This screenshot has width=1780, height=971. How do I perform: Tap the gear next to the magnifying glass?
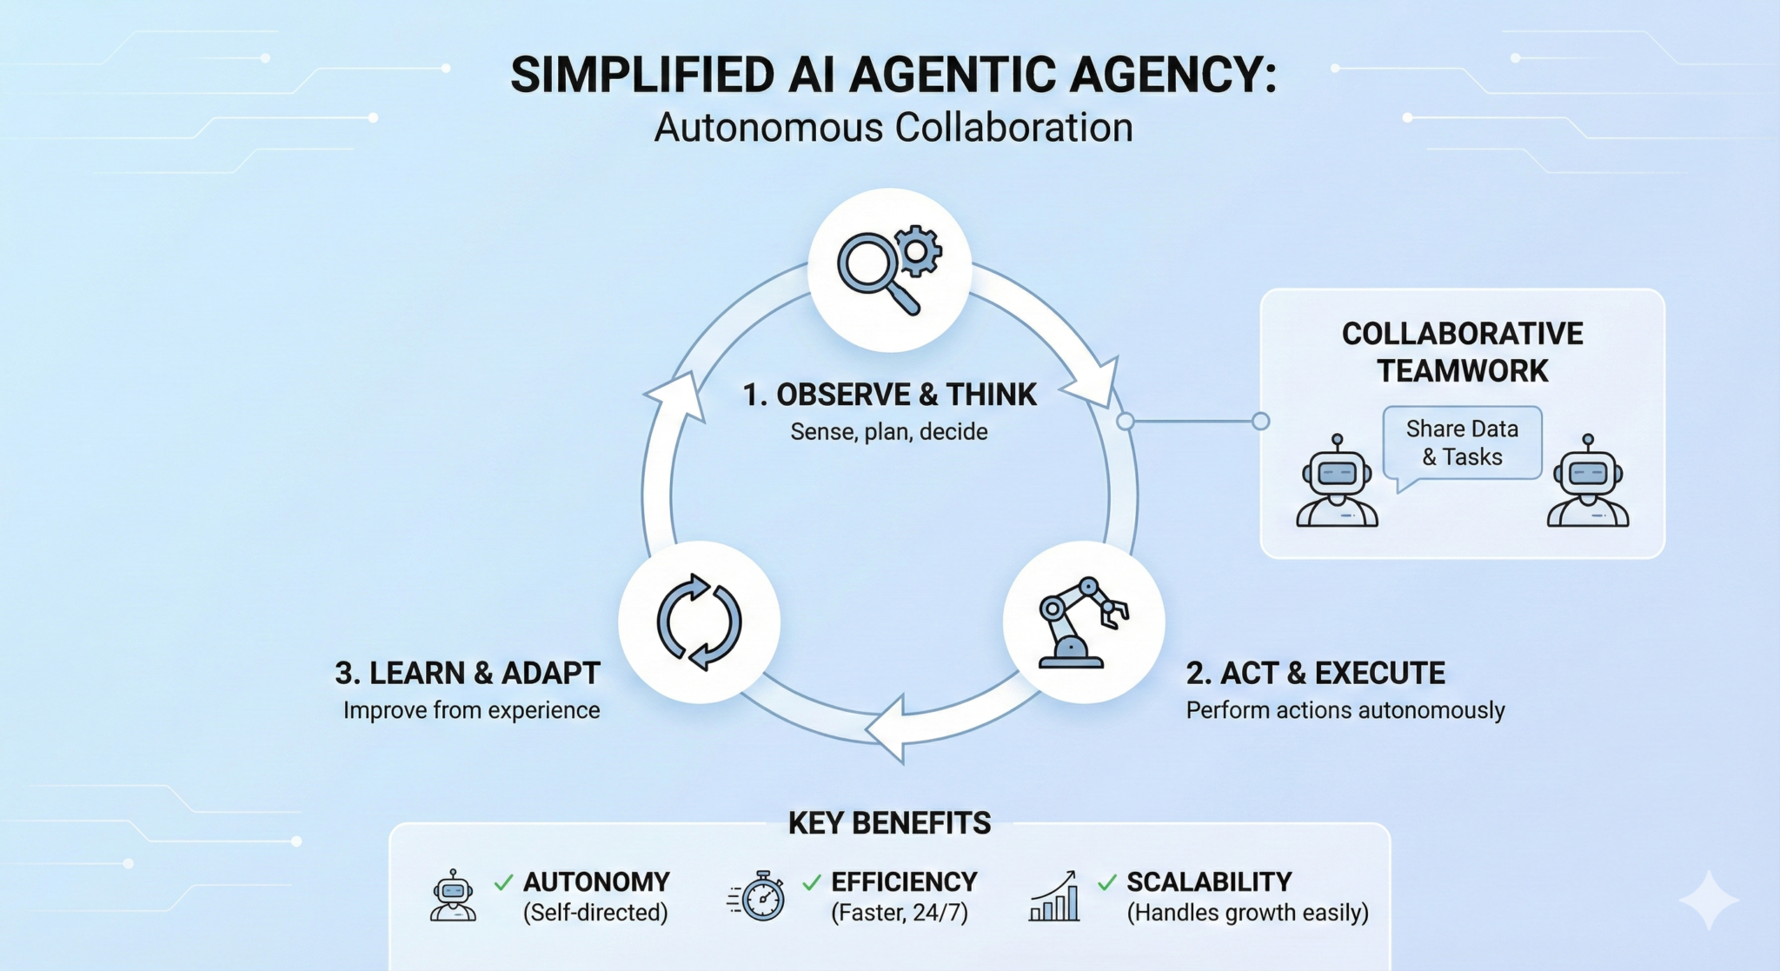(x=919, y=249)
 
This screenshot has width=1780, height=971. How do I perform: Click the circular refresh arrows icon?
(x=699, y=622)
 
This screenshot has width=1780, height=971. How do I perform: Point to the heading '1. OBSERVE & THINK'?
(x=889, y=396)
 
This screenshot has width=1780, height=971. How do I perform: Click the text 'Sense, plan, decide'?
(x=888, y=432)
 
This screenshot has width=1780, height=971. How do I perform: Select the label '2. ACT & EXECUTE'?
(x=1315, y=674)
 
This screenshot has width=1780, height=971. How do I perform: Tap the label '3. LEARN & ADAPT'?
(x=468, y=674)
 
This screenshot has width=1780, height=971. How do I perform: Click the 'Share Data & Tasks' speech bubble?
(x=1462, y=443)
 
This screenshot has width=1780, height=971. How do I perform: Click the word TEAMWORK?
(x=1462, y=371)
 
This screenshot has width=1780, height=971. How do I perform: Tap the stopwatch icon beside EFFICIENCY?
(x=759, y=896)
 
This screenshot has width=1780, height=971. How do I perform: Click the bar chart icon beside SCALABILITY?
(x=1055, y=897)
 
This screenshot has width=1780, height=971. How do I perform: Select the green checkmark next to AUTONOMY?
(x=503, y=883)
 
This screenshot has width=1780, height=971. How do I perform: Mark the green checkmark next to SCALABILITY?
(x=1106, y=883)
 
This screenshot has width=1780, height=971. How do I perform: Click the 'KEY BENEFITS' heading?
(x=889, y=823)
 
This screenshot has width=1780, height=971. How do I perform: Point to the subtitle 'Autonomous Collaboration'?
(x=893, y=128)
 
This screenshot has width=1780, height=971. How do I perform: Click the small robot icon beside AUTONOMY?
(x=453, y=895)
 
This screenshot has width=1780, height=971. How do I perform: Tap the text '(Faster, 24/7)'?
(x=900, y=914)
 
